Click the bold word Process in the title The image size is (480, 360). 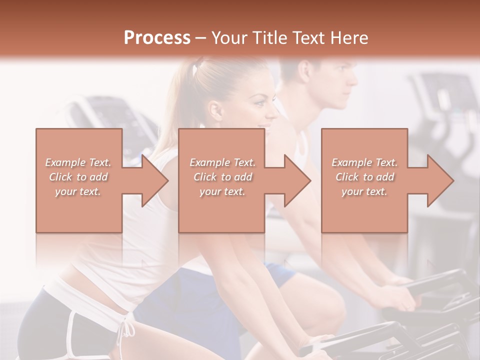157,37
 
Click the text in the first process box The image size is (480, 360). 78,177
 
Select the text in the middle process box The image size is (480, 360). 222,177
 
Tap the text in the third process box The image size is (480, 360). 364,177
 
